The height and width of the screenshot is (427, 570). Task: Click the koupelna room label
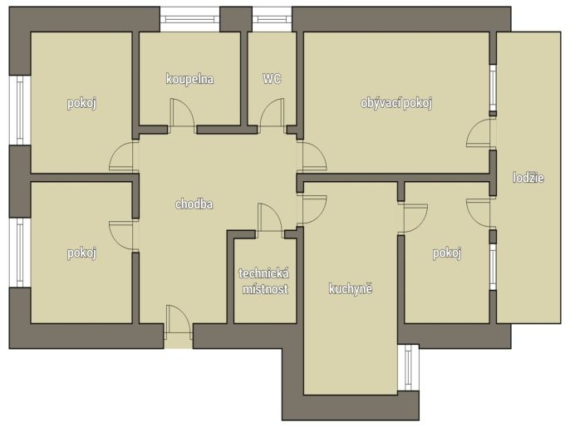(x=189, y=79)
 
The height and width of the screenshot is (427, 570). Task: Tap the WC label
(x=272, y=78)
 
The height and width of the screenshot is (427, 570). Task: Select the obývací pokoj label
(x=396, y=103)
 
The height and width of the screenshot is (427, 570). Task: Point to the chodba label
(x=194, y=204)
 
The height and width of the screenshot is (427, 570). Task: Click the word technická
(x=264, y=273)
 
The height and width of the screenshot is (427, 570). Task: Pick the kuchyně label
(x=351, y=289)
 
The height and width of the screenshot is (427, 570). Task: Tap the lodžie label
(x=528, y=178)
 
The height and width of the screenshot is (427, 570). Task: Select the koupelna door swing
(x=183, y=113)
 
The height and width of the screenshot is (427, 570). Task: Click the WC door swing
(x=272, y=113)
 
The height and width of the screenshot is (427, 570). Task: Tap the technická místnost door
(x=270, y=218)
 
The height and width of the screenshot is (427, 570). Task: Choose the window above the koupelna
(x=189, y=19)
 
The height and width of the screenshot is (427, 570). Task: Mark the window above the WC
(x=272, y=19)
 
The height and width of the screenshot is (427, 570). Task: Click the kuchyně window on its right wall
(x=408, y=367)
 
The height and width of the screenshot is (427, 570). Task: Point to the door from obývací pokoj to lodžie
(x=478, y=133)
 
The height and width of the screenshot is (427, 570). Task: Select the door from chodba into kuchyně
(x=312, y=209)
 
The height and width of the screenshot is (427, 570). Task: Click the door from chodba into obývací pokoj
(x=312, y=156)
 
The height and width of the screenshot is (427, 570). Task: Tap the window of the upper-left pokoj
(x=20, y=110)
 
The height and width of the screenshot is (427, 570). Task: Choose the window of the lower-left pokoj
(x=20, y=253)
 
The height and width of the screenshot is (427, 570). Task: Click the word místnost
(x=265, y=289)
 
